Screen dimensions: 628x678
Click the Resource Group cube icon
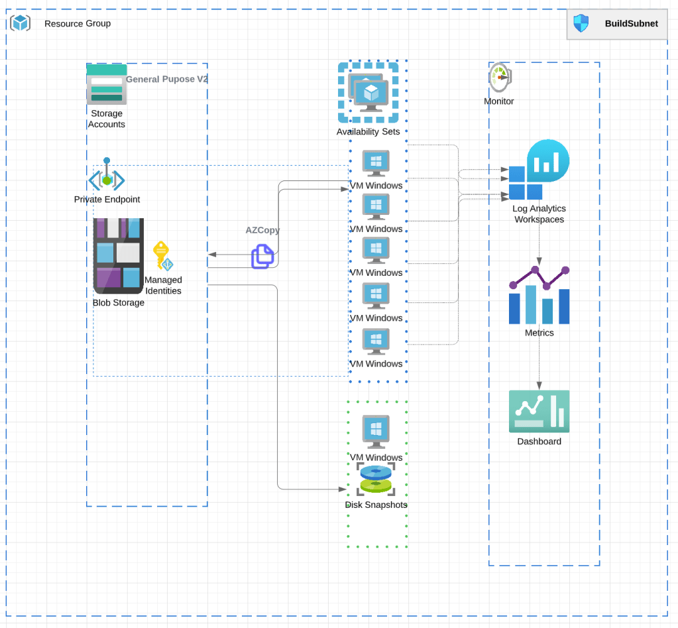point(21,23)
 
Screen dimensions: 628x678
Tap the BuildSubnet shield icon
point(581,23)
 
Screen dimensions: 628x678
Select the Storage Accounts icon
point(106,84)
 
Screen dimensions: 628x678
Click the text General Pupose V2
point(167,79)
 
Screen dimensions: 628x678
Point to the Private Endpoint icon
point(107,176)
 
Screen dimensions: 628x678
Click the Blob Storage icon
point(118,256)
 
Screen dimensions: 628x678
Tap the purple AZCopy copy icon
point(262,256)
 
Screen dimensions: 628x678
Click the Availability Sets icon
point(368,93)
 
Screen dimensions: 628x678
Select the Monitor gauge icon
point(499,78)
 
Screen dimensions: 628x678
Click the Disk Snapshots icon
point(376,479)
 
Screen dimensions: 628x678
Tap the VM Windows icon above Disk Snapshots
point(376,432)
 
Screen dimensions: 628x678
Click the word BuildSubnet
point(631,23)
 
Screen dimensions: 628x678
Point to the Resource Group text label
point(78,23)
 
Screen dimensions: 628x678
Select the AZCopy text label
point(262,230)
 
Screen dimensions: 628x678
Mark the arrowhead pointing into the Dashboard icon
point(539,386)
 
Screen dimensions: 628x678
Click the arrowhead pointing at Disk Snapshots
point(343,489)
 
